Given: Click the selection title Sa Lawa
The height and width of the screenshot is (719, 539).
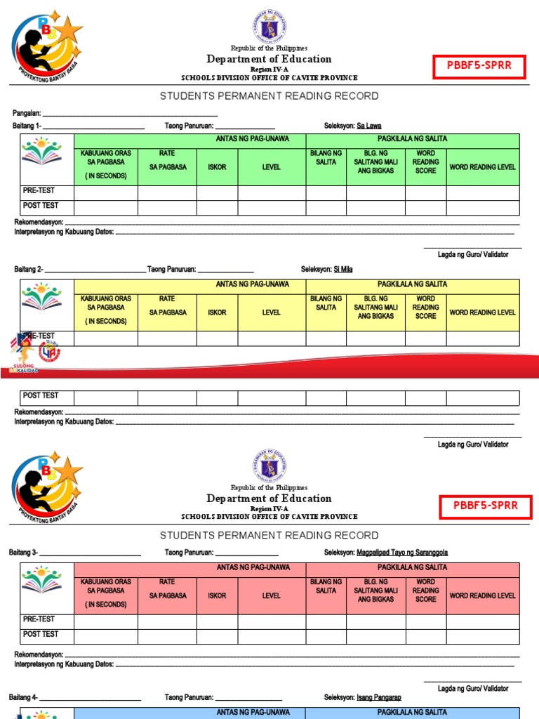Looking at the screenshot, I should coord(369,126).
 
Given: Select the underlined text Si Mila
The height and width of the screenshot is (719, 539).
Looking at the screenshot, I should coord(343,270).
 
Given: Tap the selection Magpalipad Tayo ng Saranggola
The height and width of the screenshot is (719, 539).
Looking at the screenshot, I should coord(402,553).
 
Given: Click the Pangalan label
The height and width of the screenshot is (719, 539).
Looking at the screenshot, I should coord(27,113).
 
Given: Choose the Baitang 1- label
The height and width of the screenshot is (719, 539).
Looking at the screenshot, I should coord(27,126).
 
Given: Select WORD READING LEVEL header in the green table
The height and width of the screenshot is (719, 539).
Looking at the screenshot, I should coord(483,167).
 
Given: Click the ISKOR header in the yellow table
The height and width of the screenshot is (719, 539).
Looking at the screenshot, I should coord(217,312).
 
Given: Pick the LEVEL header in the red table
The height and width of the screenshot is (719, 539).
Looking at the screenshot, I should coord(271,595).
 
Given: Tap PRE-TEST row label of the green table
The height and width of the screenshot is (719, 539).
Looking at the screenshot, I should coord(39,191).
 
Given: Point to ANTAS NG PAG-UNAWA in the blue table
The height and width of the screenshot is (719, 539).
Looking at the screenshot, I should coord(253,712).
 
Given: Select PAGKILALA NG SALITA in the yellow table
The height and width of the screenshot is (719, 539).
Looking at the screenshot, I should coord(412,284).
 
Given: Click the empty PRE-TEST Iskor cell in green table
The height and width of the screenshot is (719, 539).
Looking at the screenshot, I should coord(217,193).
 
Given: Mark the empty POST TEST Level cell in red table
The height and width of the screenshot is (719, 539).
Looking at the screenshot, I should coord(271,636).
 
